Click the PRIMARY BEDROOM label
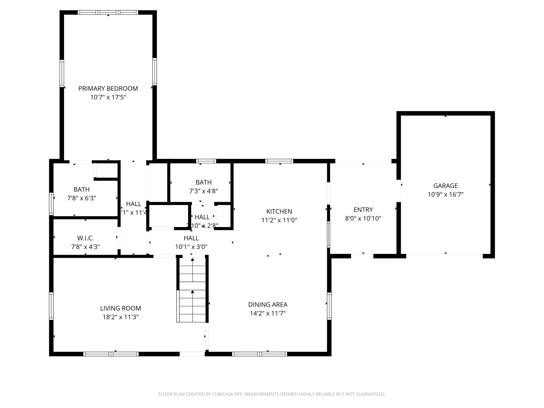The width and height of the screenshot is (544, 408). coord(108,88)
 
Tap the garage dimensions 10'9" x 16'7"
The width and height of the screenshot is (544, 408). coord(445,194)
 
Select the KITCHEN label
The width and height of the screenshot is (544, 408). coord(279,211)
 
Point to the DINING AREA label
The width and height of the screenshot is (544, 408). coord(267,305)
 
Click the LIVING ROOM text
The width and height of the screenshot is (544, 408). coord(120,308)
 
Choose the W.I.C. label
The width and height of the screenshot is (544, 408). coord(85,238)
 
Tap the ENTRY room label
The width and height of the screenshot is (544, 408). coord(363,210)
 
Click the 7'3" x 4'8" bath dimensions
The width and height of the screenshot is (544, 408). coord(203,191)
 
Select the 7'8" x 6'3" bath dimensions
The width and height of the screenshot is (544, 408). coord(82,198)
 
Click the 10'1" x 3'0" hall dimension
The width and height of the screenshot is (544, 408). coord(191,247)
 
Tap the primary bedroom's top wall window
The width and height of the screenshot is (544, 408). coord(108,12)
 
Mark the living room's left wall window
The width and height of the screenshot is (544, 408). coord(51,306)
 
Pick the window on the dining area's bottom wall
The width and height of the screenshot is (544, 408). coord(260,354)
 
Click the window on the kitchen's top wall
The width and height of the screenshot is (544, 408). coord(279,161)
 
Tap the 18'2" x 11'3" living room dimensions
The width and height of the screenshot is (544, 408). coord(121,317)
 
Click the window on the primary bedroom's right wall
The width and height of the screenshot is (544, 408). coord(154,71)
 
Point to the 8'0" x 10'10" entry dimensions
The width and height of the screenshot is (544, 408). coord(363,219)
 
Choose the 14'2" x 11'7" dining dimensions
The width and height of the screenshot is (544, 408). coord(267,313)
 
